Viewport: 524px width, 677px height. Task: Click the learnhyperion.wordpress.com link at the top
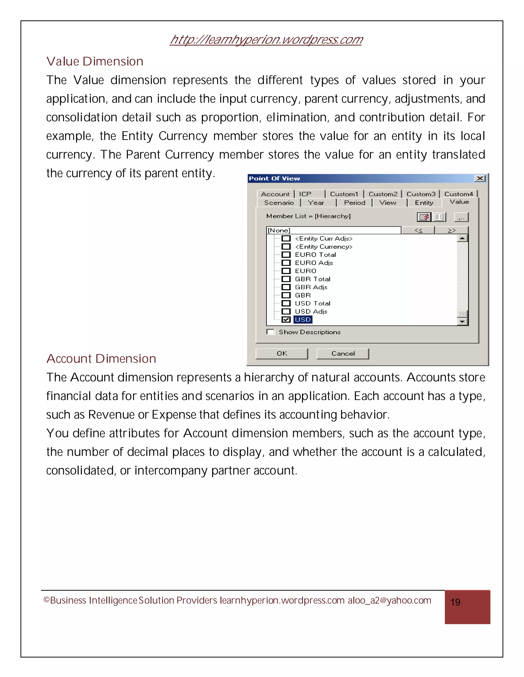tap(266, 40)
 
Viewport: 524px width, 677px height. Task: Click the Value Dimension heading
tap(95, 61)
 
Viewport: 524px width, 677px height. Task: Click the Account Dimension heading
tap(101, 359)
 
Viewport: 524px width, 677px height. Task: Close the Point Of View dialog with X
tap(480, 178)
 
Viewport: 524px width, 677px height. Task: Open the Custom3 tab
tap(421, 194)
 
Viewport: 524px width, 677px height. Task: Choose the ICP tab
tap(305, 194)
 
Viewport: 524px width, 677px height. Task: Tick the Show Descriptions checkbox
tap(271, 332)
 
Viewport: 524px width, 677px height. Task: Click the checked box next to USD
tap(286, 320)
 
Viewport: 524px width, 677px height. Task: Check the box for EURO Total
tap(286, 255)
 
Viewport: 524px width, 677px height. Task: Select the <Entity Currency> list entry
tap(323, 247)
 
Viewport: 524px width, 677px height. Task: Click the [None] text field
tap(333, 230)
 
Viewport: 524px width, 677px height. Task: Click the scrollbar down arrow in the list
tap(463, 321)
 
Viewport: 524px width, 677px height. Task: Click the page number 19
tap(455, 602)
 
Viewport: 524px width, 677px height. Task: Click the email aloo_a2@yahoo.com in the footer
tap(389, 600)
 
